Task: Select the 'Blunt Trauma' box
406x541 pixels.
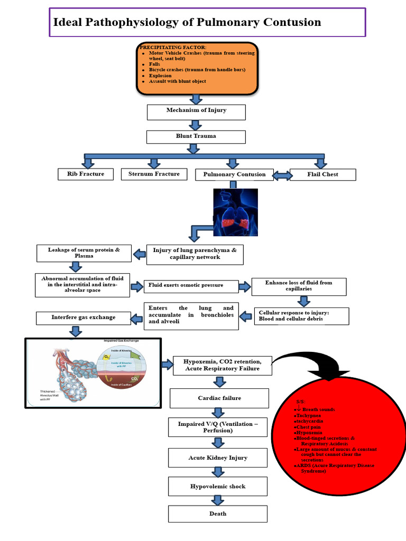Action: click(x=196, y=137)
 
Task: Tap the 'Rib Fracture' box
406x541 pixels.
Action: click(x=85, y=174)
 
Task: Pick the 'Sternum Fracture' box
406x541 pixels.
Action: click(x=154, y=174)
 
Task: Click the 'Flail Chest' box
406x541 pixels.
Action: click(x=323, y=174)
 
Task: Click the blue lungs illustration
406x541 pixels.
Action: click(x=235, y=211)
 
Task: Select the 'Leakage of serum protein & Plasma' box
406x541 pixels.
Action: click(x=84, y=253)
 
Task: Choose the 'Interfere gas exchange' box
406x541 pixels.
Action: click(x=83, y=318)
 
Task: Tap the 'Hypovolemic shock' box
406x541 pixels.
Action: click(x=218, y=487)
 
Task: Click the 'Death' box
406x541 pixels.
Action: click(x=218, y=514)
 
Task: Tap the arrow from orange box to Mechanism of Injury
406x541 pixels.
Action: click(x=196, y=99)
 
